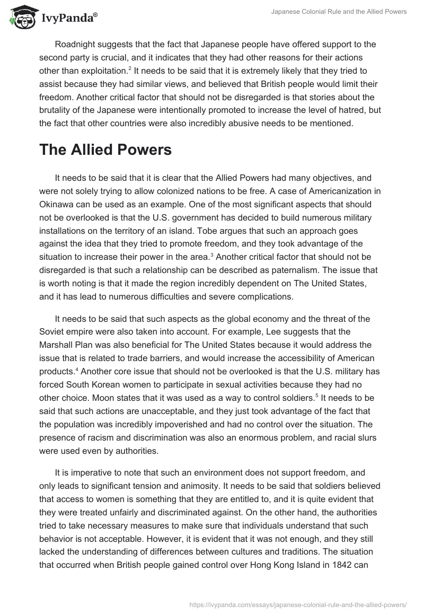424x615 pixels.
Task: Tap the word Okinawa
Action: [58, 204]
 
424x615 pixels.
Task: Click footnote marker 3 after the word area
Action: [212, 255]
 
